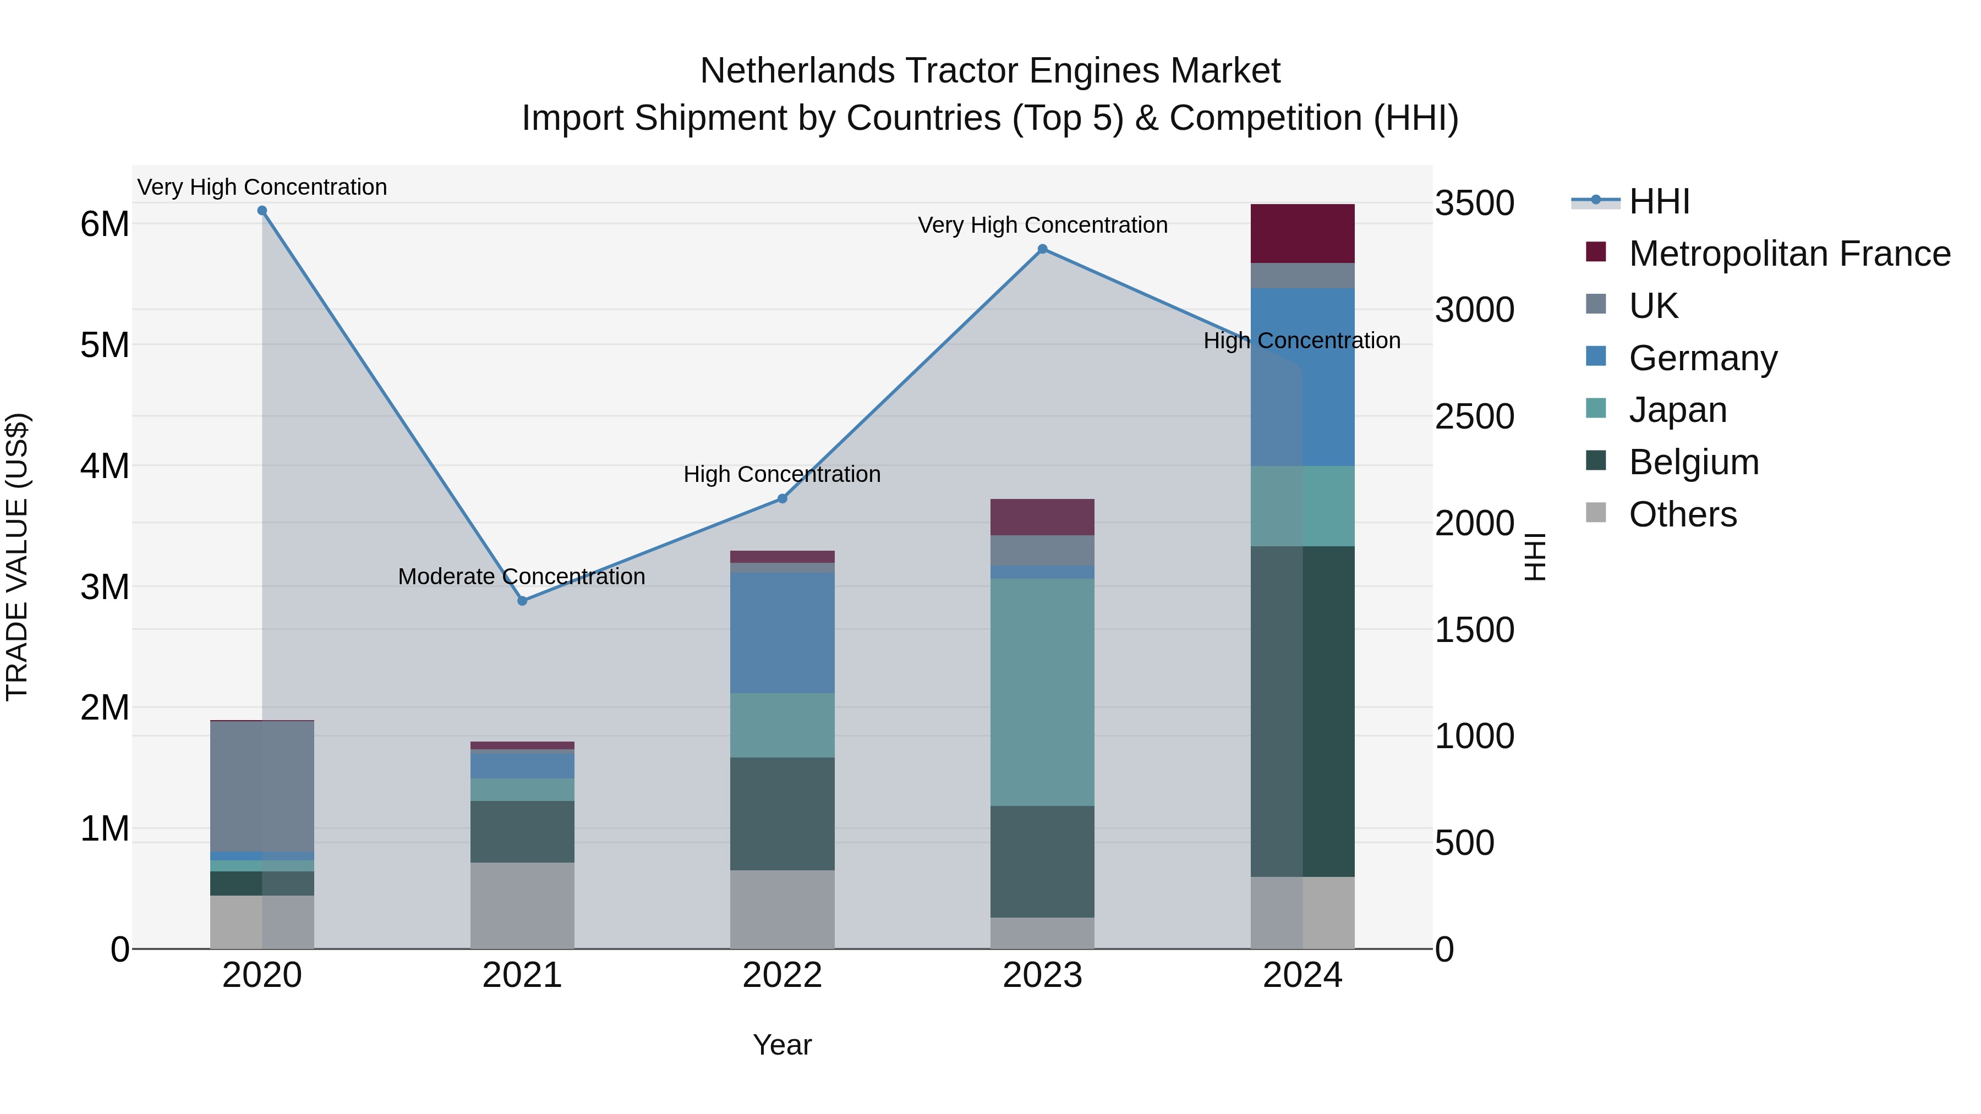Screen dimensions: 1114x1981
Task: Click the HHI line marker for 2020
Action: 262,211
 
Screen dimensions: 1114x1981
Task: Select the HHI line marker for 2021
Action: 522,601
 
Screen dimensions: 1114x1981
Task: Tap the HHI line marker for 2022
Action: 782,499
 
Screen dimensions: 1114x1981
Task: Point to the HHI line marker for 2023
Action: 1043,249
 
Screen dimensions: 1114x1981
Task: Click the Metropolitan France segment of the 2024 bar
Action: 1302,234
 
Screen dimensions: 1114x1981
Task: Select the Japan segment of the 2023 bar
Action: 1042,692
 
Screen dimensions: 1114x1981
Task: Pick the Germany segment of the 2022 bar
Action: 782,633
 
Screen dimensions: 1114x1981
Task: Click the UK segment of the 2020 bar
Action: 262,786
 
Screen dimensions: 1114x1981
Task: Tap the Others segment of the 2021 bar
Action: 522,906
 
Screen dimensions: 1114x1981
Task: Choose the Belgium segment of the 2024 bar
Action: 1302,711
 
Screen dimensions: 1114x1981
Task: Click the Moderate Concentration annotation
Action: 522,577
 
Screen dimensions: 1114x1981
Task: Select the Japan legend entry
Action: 1677,410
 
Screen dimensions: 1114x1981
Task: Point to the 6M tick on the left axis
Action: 105,224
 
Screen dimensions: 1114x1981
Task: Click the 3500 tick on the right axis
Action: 1474,204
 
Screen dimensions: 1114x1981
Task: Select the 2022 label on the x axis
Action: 782,975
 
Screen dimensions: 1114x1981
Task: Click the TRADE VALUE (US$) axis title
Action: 17,557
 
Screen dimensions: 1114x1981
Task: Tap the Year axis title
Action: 782,1045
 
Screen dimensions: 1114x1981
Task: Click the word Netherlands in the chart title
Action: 797,71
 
